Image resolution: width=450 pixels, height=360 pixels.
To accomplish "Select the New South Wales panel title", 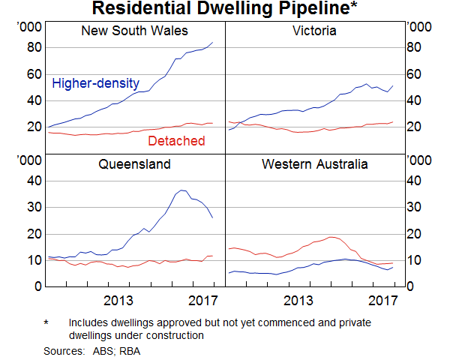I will [x=134, y=31].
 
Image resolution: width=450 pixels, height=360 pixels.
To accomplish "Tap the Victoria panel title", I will [x=314, y=31].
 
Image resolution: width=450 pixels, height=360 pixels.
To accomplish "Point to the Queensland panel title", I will [x=135, y=163].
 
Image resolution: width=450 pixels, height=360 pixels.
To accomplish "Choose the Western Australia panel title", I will [x=314, y=163].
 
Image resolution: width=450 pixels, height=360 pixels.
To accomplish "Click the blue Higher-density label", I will [x=94, y=83].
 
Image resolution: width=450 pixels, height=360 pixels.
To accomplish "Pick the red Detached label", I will [x=176, y=141].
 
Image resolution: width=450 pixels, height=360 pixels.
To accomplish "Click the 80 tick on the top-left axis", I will [x=33, y=48].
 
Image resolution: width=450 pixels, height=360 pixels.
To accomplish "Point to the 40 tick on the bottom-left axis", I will [x=33, y=181].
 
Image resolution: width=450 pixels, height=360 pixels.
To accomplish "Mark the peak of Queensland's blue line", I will [x=182, y=190].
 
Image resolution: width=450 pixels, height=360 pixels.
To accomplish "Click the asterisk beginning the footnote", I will [x=46, y=323].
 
